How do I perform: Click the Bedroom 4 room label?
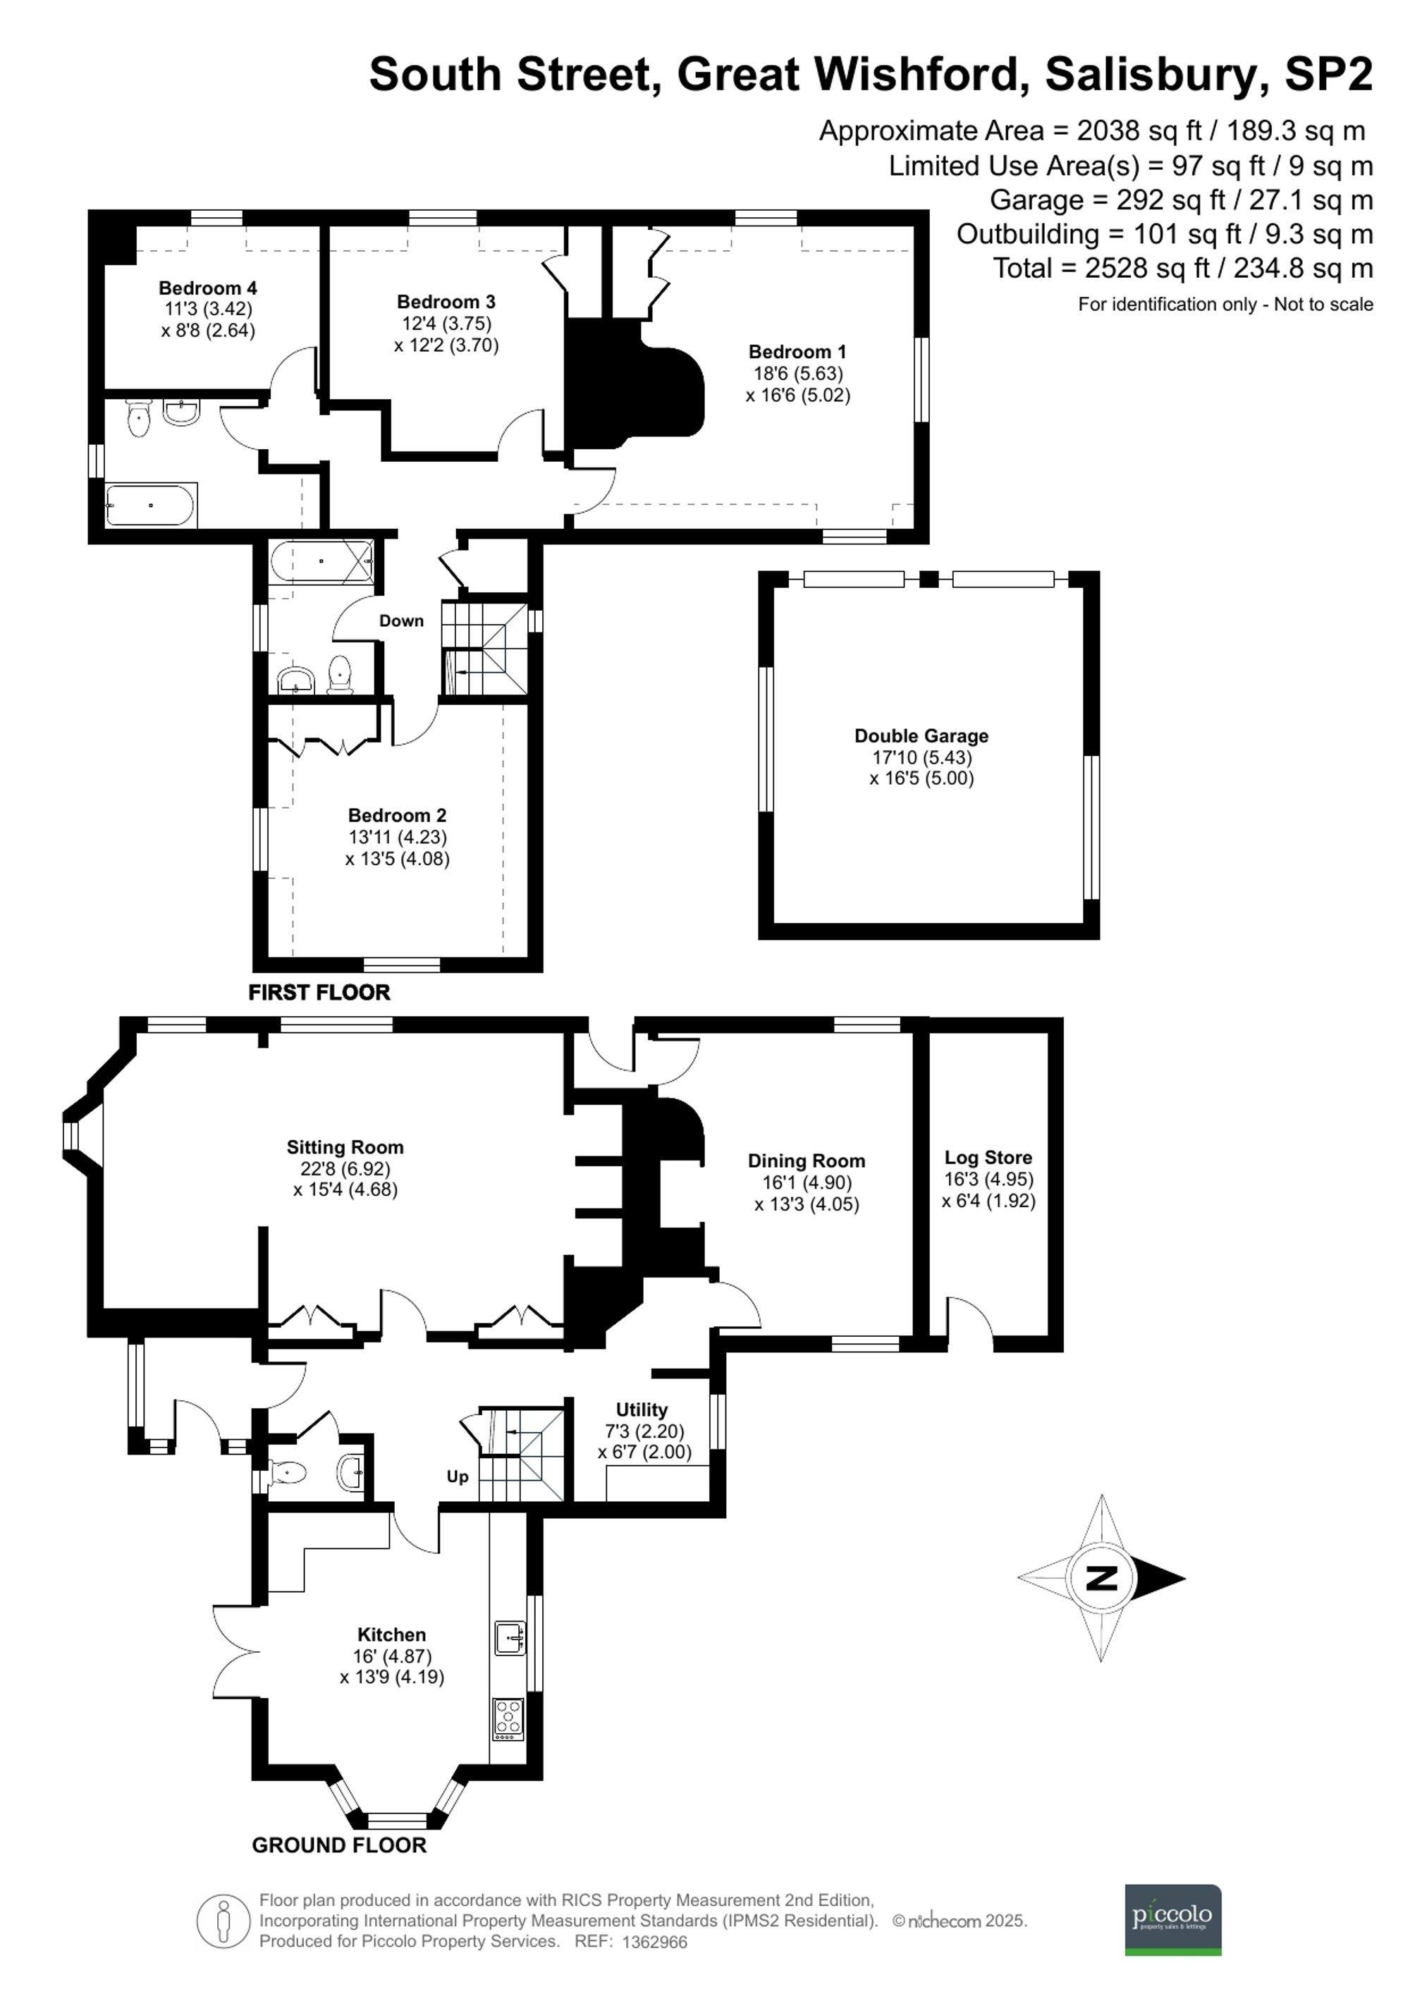(207, 288)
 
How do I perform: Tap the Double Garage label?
(921, 735)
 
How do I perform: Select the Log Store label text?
(988, 1158)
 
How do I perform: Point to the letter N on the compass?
(1102, 1578)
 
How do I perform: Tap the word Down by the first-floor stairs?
(401, 621)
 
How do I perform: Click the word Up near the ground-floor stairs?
(458, 1476)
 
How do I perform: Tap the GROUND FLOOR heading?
(338, 1845)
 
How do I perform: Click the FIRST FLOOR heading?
(319, 993)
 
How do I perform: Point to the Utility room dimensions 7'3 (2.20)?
(644, 1431)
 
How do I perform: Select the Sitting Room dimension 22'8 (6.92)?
(345, 1169)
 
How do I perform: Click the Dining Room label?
(806, 1161)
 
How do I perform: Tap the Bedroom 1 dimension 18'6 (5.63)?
(797, 374)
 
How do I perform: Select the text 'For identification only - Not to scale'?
(1225, 305)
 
